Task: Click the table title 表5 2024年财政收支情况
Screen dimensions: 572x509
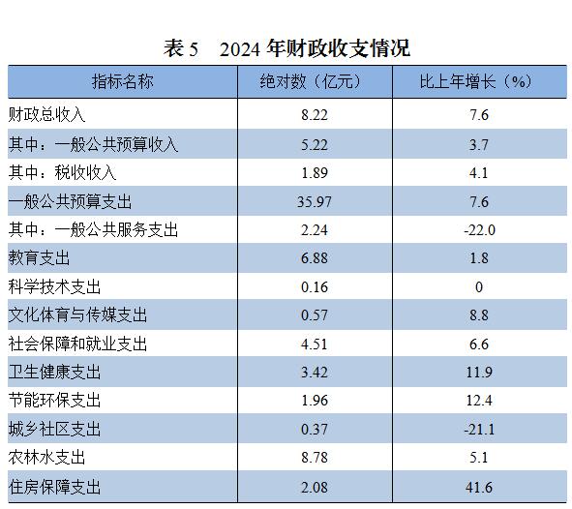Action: coord(286,48)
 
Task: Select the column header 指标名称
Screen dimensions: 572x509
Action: coord(123,81)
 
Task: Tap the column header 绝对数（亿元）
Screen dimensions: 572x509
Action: coord(311,81)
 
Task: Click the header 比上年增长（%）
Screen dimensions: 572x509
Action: coord(475,81)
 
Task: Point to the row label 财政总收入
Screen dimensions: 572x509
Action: coord(46,115)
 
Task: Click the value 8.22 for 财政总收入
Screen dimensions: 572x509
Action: coord(315,115)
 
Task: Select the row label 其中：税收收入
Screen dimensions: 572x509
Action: coord(62,172)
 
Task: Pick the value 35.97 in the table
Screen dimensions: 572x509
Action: coord(315,201)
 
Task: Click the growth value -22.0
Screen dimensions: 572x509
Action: coord(479,230)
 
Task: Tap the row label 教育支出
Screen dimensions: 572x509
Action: coord(39,257)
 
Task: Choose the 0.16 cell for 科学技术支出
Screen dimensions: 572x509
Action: coord(315,287)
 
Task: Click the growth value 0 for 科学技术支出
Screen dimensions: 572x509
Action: coord(479,287)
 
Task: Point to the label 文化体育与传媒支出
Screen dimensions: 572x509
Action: coord(77,315)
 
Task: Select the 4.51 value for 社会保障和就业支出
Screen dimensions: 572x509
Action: coord(315,344)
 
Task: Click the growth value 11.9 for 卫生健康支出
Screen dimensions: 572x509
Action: coord(479,373)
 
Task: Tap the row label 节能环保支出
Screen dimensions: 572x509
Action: coord(54,401)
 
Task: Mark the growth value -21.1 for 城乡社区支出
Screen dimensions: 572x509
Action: coord(479,429)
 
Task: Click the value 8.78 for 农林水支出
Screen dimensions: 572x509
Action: coord(315,458)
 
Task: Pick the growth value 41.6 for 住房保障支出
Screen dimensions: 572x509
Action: coord(479,488)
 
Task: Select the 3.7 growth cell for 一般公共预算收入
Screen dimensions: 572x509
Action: coord(479,145)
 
